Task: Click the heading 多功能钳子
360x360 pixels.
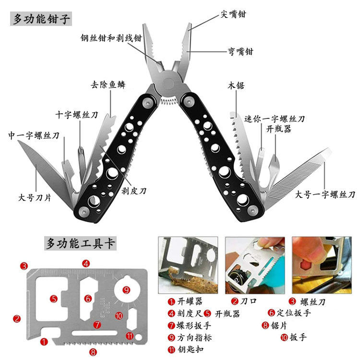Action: [x=41, y=19]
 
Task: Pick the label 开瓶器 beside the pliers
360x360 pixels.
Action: [x=279, y=129]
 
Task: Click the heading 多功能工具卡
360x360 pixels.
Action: [x=80, y=243]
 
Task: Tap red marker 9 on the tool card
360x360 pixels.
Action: [x=126, y=289]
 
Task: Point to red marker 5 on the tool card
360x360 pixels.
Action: [x=54, y=298]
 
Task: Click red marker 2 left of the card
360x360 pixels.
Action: [x=17, y=318]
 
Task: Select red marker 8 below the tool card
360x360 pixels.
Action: [x=93, y=352]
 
